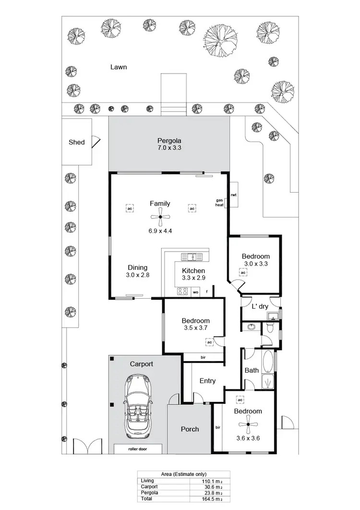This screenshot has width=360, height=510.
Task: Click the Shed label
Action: [77, 142]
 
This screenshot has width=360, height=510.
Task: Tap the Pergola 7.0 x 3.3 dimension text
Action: [169, 148]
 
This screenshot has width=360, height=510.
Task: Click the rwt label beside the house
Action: [234, 195]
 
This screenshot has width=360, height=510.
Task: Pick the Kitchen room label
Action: [193, 271]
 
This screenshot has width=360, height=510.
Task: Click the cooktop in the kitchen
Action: [182, 291]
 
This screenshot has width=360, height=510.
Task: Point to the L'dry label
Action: [259, 306]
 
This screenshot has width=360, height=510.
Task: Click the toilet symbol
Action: [270, 328]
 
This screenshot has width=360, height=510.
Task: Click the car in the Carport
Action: [138, 406]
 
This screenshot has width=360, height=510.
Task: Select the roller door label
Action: [138, 449]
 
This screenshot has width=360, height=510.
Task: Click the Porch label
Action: [190, 429]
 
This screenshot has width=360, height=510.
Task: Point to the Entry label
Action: [207, 381]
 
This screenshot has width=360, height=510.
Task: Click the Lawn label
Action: [119, 67]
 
